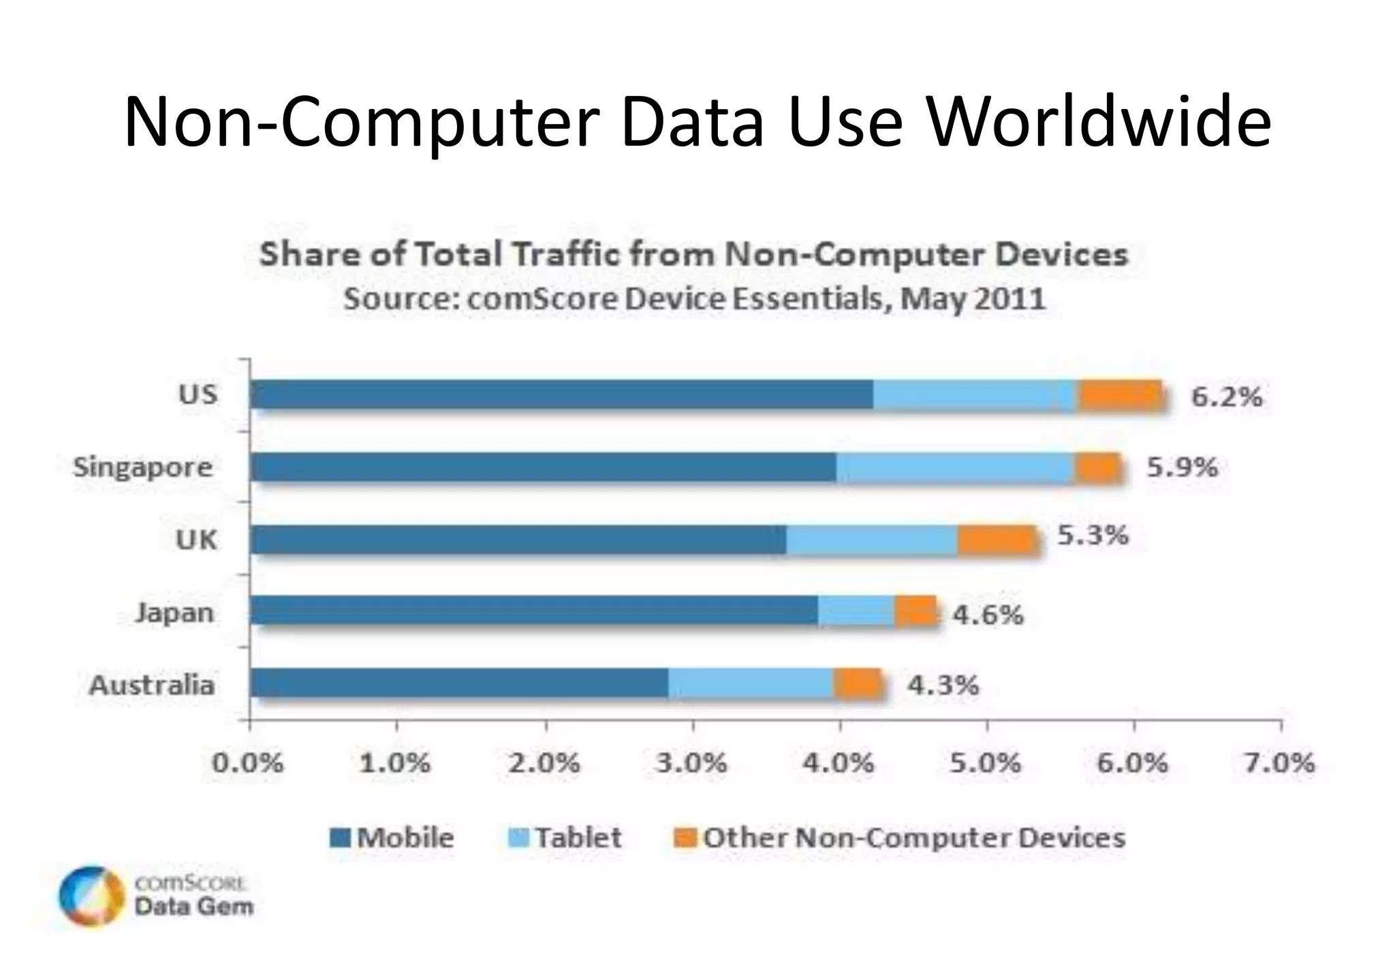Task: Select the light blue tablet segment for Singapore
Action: (955, 467)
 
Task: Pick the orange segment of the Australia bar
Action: (857, 683)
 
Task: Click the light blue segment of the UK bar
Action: (872, 540)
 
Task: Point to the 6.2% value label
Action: (1226, 396)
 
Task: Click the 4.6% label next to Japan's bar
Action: (988, 615)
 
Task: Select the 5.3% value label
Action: (1093, 535)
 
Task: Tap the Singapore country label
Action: (143, 468)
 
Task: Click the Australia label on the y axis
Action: (152, 685)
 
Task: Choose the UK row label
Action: (196, 540)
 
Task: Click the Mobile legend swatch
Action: (340, 837)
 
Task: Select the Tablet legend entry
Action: (565, 837)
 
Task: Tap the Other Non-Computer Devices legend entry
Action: (899, 837)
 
